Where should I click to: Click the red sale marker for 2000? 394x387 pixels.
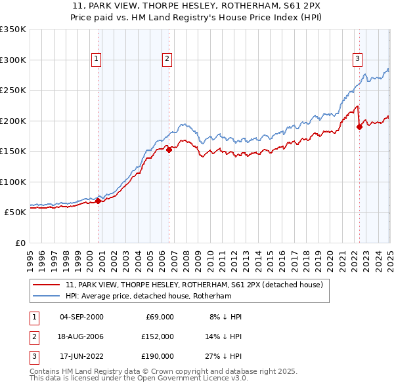tap(98, 201)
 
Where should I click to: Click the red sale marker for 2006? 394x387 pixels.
tap(169, 150)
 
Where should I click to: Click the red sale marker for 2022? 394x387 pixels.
tap(359, 127)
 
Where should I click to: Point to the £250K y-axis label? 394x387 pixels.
tap(12, 91)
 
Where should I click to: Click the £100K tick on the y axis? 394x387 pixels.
tap(12, 182)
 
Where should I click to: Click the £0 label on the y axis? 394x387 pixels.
tap(19, 243)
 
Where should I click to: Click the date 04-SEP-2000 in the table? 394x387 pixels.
tap(81, 317)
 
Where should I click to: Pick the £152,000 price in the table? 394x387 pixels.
tap(157, 336)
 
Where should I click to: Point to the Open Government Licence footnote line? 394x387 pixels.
tap(139, 378)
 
